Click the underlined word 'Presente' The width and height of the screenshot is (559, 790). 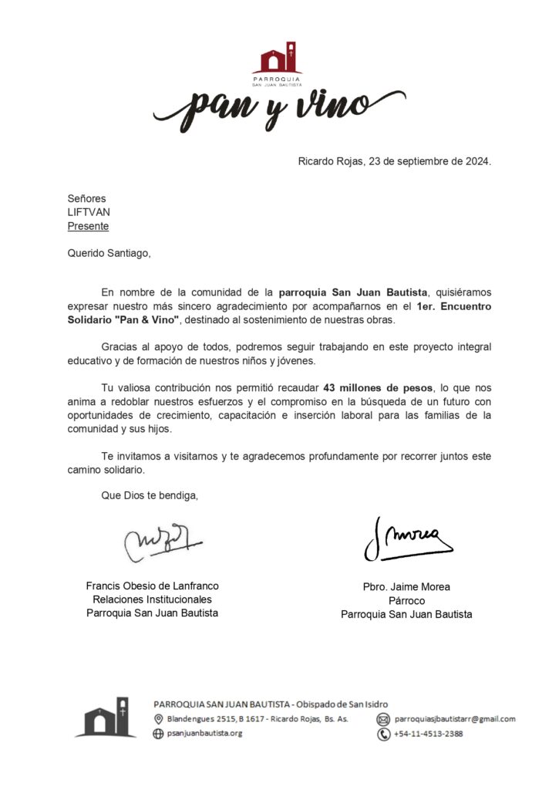[88, 226]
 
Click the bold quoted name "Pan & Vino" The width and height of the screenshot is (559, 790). [144, 320]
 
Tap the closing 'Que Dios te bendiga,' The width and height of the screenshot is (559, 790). [150, 495]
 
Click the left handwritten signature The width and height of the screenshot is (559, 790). [160, 542]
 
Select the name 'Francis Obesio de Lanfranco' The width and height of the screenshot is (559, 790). [152, 586]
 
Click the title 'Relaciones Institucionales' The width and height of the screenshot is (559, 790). [152, 599]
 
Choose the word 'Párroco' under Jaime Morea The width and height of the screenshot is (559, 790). [406, 601]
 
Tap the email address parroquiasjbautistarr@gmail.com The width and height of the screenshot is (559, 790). [455, 719]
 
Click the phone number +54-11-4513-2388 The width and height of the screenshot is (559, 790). [429, 734]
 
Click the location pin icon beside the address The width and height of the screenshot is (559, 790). [158, 719]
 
